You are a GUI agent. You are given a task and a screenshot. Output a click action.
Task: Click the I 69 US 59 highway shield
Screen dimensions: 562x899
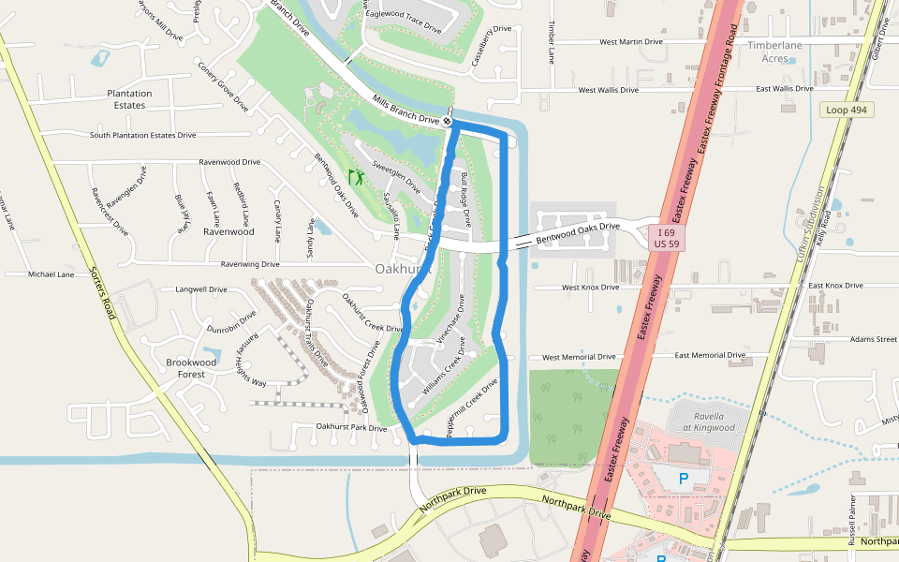[667, 237]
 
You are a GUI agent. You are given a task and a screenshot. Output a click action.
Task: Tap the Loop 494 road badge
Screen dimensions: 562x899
[845, 110]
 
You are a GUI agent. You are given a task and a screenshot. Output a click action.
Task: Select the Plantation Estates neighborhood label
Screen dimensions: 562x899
[129, 99]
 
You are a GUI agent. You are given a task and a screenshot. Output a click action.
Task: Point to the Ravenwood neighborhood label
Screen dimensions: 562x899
[228, 231]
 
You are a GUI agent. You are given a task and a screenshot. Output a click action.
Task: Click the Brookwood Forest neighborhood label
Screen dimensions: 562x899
[191, 368]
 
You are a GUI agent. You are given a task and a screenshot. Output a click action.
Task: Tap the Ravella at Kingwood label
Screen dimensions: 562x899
[702, 421]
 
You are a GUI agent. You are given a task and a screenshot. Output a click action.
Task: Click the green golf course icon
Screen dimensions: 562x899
[355, 175]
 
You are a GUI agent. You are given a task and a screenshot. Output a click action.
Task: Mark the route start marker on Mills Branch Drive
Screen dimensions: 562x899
[449, 122]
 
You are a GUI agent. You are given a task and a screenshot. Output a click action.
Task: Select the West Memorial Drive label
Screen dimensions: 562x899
[579, 357]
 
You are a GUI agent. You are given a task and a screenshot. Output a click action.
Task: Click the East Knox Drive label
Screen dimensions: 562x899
[835, 286]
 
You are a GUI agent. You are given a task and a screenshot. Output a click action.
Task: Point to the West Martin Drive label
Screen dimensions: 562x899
[631, 42]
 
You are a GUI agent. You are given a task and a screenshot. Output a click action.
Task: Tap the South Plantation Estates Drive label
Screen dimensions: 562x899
[142, 136]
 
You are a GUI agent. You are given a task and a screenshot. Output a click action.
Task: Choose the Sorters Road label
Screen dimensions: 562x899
[101, 292]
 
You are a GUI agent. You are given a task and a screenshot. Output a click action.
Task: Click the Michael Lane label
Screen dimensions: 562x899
[51, 274]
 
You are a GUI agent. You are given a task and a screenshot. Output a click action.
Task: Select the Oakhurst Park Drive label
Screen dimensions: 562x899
[351, 428]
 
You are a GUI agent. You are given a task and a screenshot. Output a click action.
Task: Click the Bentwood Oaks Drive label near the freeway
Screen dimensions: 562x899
[578, 234]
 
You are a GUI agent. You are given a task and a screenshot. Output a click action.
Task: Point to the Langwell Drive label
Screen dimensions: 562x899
[201, 290]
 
